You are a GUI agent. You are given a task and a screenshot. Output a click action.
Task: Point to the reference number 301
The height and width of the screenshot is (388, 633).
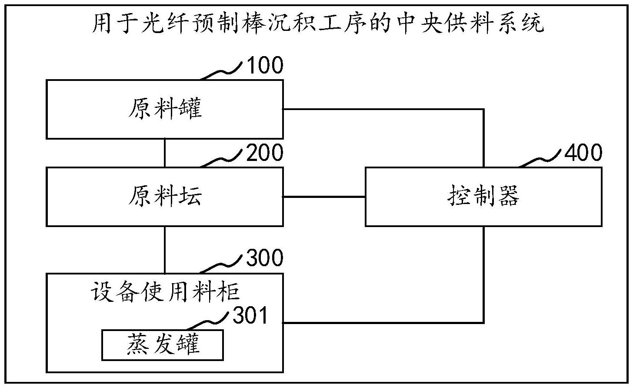click(x=251, y=316)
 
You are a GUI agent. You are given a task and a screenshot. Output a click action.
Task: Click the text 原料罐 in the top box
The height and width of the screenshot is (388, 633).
click(x=165, y=109)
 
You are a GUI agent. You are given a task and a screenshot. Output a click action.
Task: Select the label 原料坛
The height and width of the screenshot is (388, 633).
click(x=165, y=197)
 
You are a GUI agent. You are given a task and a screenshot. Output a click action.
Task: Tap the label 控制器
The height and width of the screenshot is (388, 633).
click(x=483, y=197)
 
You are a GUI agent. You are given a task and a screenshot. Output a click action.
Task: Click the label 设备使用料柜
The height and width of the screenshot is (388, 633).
click(x=165, y=291)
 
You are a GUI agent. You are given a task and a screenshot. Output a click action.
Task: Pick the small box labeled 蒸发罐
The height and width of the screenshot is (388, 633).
click(x=163, y=345)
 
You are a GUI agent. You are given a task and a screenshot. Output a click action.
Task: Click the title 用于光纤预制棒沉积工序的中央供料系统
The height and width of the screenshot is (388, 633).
click(x=318, y=24)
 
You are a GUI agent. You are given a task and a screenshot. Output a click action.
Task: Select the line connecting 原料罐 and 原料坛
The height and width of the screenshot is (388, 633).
click(x=165, y=153)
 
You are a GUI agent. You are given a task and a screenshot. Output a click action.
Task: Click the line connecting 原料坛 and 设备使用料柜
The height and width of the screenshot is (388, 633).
click(x=165, y=249)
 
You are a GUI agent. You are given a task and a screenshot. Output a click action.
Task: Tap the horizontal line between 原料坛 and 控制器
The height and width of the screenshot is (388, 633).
click(x=324, y=197)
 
